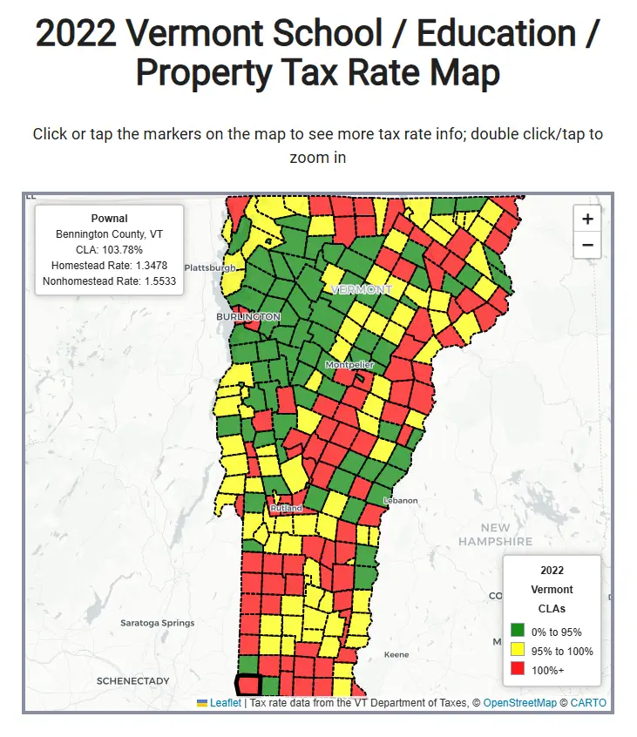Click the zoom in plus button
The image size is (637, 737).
click(x=587, y=219)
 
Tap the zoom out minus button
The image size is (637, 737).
click(x=587, y=245)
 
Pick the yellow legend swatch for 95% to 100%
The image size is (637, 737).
click(x=517, y=650)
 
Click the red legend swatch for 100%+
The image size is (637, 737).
click(x=517, y=668)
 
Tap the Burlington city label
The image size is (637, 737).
click(x=248, y=317)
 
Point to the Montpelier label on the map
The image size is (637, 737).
click(x=349, y=365)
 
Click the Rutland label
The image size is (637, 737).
click(x=286, y=508)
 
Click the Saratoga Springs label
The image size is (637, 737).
click(x=158, y=623)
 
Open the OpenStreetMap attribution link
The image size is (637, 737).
click(x=519, y=703)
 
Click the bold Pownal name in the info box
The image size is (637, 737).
click(x=109, y=219)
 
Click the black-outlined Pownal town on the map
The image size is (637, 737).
click(x=248, y=686)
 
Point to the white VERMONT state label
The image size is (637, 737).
click(x=361, y=289)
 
